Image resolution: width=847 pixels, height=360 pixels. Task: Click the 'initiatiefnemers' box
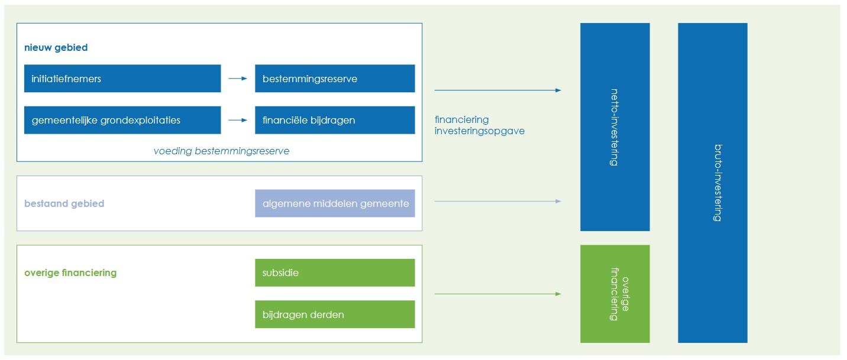point(122,79)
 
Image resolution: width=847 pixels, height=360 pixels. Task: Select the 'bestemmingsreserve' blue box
point(335,79)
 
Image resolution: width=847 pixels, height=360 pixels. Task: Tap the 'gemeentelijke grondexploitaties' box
point(122,120)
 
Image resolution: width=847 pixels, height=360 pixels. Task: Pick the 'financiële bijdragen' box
point(335,120)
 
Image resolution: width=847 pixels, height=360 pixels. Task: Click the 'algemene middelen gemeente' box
point(335,203)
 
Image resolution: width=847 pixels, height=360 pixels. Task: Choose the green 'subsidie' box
point(335,273)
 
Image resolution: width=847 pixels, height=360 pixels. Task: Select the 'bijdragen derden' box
point(335,314)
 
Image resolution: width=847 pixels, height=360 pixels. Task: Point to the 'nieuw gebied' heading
point(56,48)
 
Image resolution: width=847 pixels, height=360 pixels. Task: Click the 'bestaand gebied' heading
point(64,203)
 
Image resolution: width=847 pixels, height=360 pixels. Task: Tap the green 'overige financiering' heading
point(70,273)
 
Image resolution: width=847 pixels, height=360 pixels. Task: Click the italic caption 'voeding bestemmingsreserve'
point(221,151)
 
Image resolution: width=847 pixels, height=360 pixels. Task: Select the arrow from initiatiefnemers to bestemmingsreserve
point(238,79)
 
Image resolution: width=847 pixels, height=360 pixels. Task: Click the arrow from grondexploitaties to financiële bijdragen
point(238,120)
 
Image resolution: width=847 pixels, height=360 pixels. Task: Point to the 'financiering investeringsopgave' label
point(480,125)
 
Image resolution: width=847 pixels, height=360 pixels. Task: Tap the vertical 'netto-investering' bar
point(615,127)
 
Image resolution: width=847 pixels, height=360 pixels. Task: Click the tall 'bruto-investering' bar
point(712,183)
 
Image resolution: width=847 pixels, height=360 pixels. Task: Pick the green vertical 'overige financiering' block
point(615,294)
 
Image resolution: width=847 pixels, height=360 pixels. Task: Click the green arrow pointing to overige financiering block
point(497,294)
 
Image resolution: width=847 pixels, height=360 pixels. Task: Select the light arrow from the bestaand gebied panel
point(497,202)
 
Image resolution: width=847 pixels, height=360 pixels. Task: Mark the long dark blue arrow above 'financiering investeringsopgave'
point(497,90)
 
